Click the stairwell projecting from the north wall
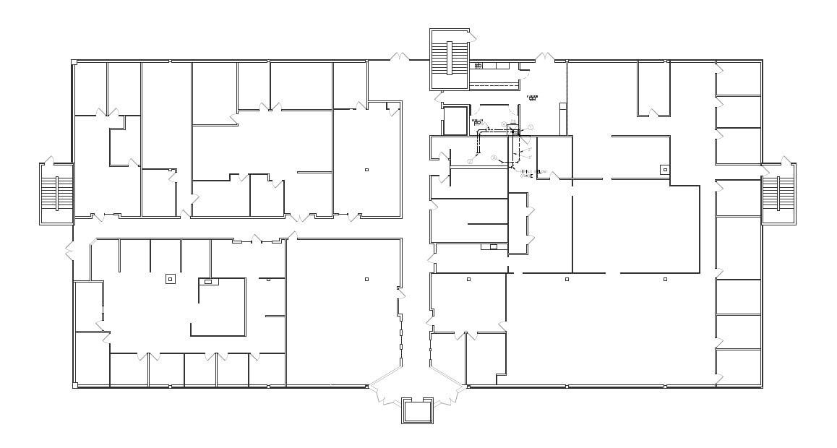[x=449, y=59]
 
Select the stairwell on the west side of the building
[x=56, y=194]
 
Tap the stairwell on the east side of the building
[x=778, y=194]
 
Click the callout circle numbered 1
[x=531, y=127]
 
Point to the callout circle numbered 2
[x=470, y=161]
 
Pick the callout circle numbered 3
[x=494, y=158]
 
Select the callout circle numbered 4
[x=504, y=124]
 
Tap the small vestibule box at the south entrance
[x=417, y=410]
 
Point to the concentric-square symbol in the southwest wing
[x=171, y=279]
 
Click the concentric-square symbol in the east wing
[x=664, y=170]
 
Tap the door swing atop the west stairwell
[x=49, y=159]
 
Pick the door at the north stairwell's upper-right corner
[x=471, y=33]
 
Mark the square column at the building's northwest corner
[x=74, y=63]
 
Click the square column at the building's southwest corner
[x=74, y=386]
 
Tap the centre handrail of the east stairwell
[x=778, y=194]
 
